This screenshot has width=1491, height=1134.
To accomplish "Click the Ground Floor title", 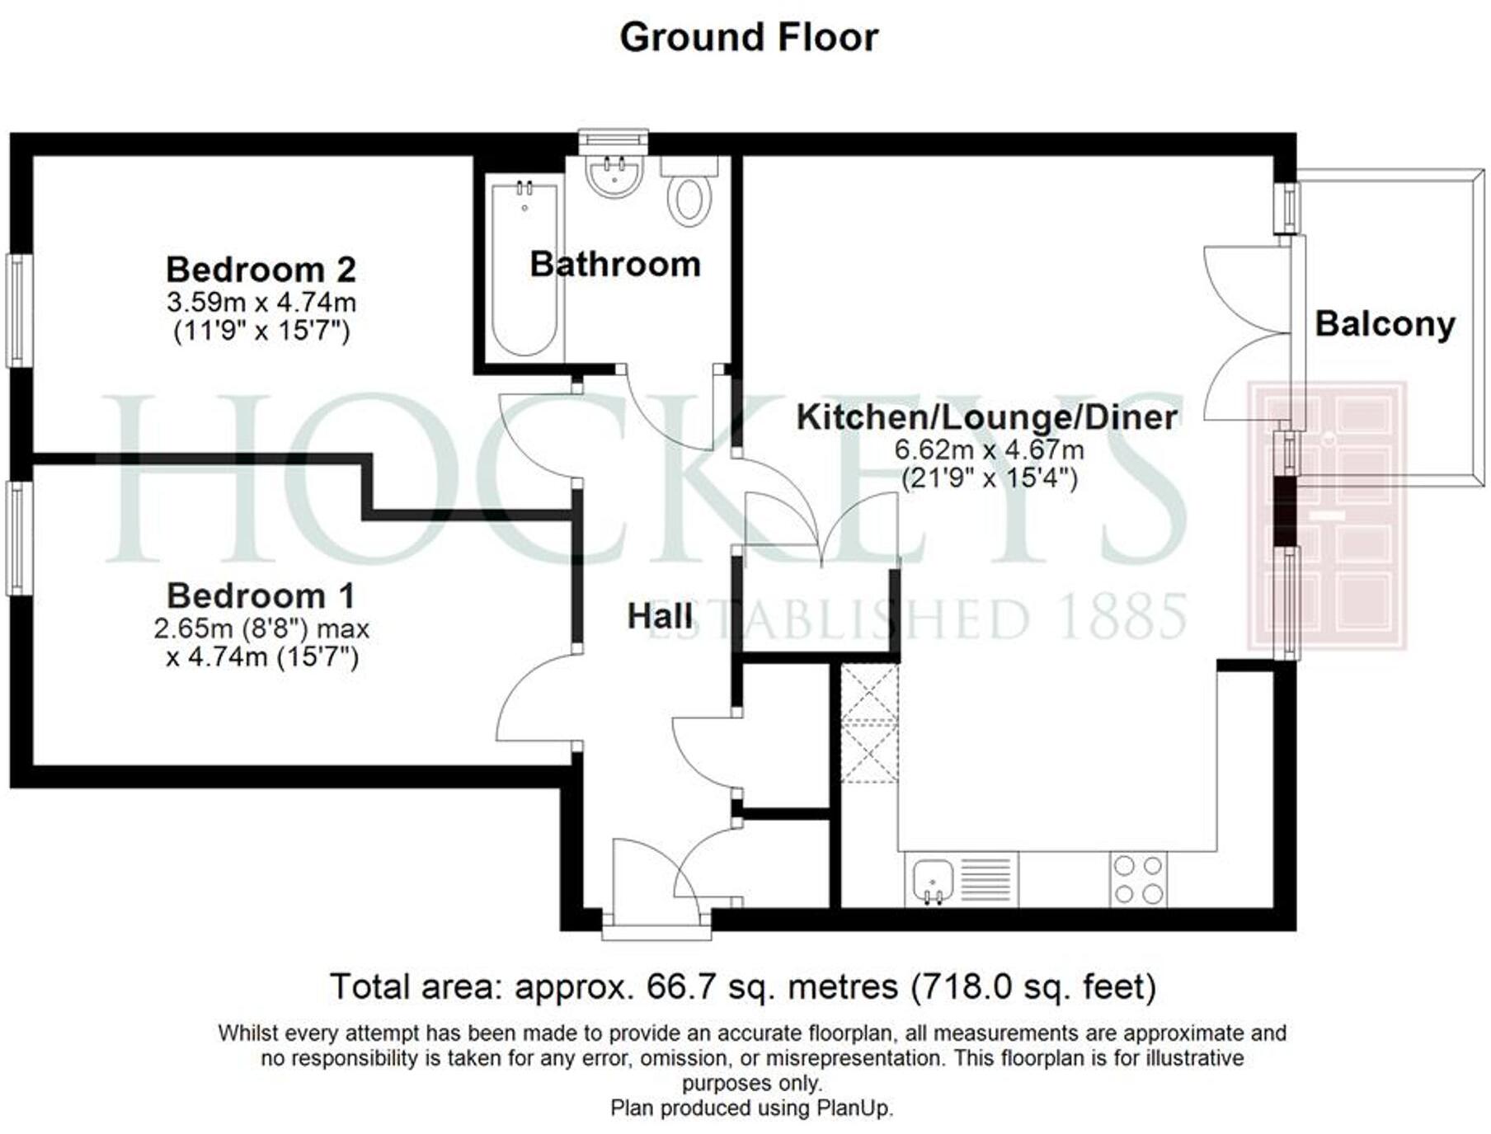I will click(749, 38).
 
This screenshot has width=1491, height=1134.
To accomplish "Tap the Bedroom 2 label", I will click(261, 270).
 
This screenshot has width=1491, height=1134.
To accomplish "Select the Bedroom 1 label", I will click(261, 595).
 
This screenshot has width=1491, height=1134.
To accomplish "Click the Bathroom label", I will click(615, 265).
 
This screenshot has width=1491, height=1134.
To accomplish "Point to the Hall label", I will click(660, 617).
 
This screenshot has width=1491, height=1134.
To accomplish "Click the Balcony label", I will click(1385, 324).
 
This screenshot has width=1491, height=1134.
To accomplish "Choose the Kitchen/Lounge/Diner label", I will click(986, 417).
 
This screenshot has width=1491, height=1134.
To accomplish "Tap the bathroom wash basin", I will click(614, 176).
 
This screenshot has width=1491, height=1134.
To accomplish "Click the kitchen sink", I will click(933, 880).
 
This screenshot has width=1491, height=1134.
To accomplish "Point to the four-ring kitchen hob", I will click(1138, 880).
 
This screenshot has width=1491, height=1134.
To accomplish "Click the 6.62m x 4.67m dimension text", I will click(989, 450).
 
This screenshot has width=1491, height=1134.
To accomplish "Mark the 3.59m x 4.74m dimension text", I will click(261, 303).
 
